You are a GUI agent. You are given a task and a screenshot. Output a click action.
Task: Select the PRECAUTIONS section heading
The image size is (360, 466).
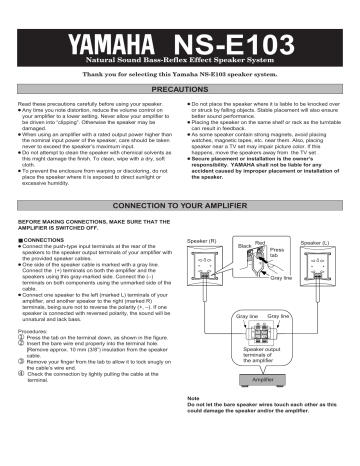tap(179, 117)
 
